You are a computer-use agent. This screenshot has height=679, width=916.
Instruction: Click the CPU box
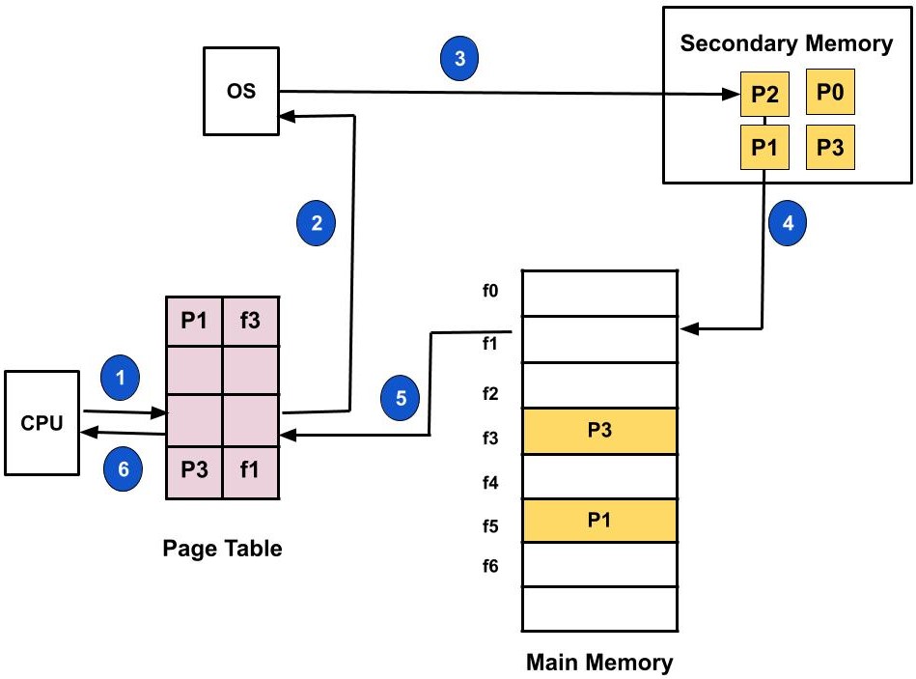tap(42, 422)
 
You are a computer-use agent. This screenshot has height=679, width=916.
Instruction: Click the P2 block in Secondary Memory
tap(763, 96)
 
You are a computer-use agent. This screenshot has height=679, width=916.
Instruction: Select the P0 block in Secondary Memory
tap(829, 93)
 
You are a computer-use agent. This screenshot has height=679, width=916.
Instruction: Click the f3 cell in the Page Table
tap(251, 318)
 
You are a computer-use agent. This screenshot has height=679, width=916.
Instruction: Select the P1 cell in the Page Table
tap(194, 318)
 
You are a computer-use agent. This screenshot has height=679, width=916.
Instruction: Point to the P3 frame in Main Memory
tap(598, 431)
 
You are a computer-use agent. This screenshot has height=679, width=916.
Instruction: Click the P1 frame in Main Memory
tap(598, 520)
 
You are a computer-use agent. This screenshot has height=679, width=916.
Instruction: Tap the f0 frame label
tap(491, 289)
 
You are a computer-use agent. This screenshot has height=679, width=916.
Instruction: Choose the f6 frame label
tap(491, 565)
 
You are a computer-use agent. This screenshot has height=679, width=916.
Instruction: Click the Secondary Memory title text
tap(787, 43)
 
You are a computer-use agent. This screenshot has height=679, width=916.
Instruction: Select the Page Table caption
tap(222, 549)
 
